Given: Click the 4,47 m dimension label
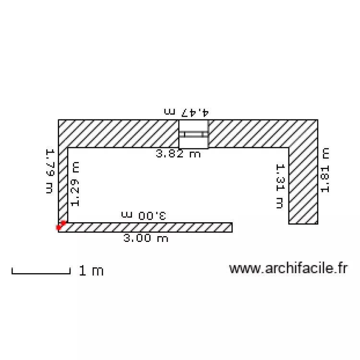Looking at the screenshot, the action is point(186,112).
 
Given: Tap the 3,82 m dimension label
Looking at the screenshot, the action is point(179,154).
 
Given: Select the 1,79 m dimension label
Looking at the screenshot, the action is point(50,171).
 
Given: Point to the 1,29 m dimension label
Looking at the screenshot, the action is point(75,184).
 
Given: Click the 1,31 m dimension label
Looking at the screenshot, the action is point(280,186).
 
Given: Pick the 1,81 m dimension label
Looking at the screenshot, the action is point(325,170).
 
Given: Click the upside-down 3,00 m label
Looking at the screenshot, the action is point(144,216).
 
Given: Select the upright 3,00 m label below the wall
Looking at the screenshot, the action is point(146,238).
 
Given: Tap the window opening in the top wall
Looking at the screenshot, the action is point(193,134).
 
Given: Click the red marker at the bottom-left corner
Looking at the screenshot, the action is point(61,225).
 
